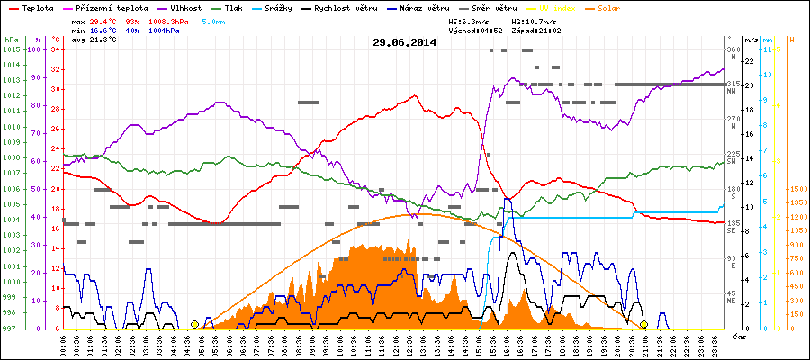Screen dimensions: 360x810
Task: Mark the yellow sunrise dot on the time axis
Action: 195,324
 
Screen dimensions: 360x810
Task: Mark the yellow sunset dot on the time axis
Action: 643,324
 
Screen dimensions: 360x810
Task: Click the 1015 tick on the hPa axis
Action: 11,49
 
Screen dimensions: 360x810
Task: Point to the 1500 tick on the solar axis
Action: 796,190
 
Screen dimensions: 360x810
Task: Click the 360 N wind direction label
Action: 733,53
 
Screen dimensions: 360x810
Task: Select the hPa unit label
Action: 11,40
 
